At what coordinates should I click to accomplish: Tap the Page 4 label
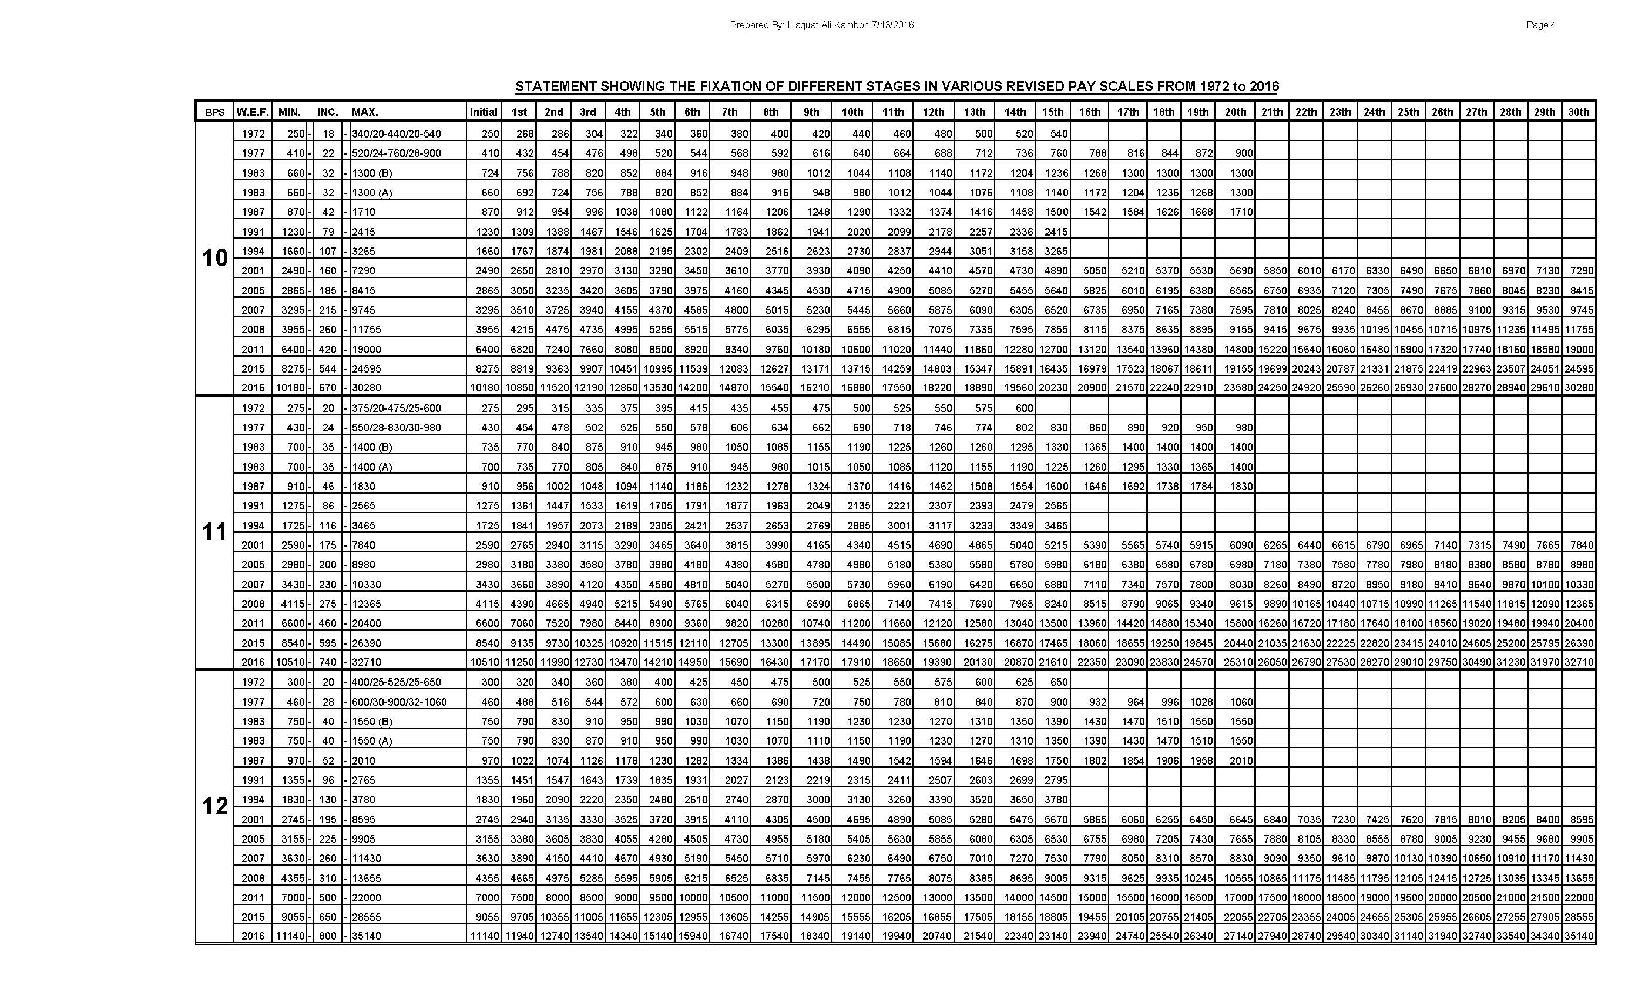1541,25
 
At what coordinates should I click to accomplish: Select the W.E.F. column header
253,112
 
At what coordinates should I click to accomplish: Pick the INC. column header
328,112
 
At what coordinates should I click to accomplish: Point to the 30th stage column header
1578,112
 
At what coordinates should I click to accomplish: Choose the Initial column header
484,112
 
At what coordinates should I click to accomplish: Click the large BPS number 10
215,258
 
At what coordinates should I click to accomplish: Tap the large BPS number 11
215,532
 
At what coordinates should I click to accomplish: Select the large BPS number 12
215,807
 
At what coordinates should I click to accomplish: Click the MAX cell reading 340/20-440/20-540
396,133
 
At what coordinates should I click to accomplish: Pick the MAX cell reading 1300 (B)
372,173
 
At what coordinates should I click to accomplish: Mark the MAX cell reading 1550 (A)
372,740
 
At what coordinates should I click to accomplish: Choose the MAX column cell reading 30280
367,387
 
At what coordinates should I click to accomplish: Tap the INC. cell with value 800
328,936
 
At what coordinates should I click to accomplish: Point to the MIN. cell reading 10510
290,662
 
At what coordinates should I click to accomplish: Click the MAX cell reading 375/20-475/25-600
396,408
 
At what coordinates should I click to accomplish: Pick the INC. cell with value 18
328,133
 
